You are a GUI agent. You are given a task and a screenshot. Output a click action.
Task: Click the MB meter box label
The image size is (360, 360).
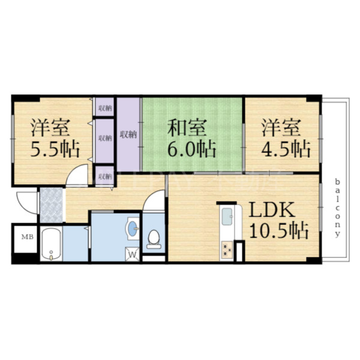point(28,237)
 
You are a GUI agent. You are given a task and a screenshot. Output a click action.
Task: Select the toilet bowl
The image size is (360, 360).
point(154,238)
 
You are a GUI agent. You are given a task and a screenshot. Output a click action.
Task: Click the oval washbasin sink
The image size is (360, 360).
point(132,228)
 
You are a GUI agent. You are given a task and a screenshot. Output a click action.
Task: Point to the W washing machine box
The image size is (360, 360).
point(132,255)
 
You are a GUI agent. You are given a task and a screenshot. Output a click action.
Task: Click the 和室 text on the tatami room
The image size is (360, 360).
point(187,128)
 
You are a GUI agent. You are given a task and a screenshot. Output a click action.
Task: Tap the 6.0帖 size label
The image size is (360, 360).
point(191,148)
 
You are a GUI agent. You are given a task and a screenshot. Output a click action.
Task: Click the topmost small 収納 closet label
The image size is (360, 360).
point(104,108)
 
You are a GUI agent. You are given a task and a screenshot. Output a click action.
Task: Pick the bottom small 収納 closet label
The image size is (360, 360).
point(104,176)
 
